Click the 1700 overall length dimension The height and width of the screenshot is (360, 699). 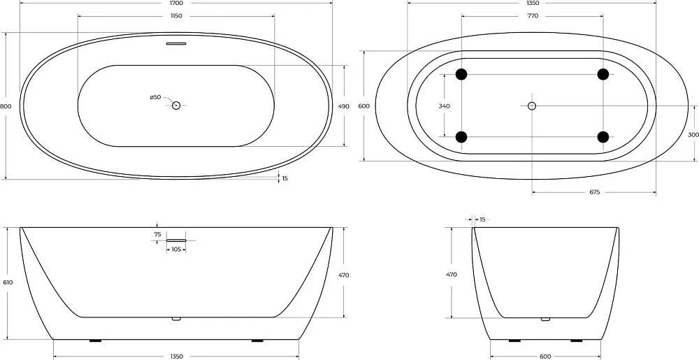click(176, 3)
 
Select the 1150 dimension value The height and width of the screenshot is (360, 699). click(176, 16)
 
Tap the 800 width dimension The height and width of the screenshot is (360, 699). click(6, 106)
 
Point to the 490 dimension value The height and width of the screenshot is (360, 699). click(344, 106)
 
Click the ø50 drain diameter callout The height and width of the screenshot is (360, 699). click(155, 97)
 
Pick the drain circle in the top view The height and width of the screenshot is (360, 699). click(176, 106)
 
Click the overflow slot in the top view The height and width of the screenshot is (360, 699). click(176, 43)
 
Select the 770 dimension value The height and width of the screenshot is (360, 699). click(533, 16)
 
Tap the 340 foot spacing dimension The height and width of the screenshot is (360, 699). click(444, 106)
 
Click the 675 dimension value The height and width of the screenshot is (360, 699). click(595, 192)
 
